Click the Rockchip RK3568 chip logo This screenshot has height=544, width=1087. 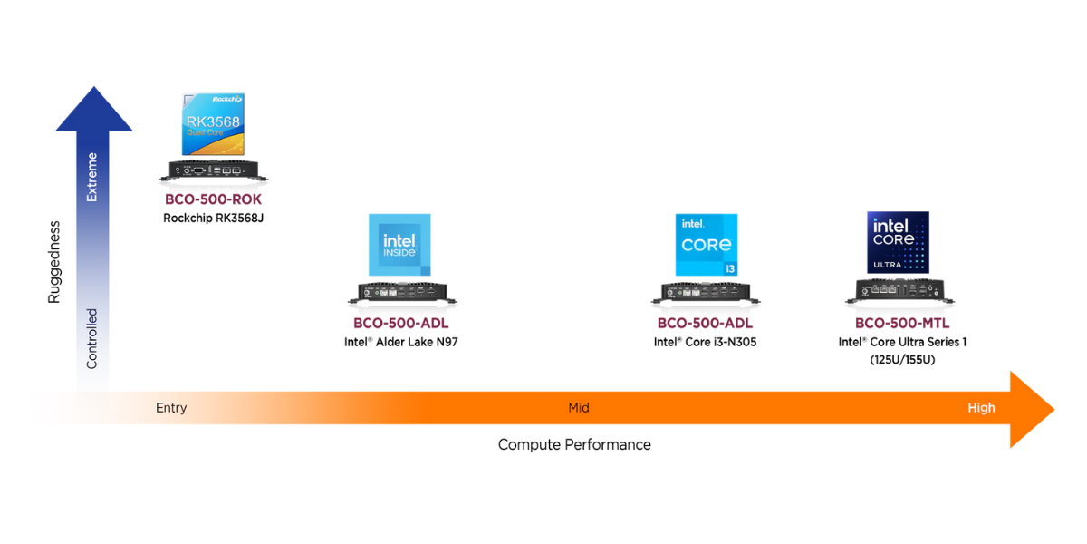point(213,124)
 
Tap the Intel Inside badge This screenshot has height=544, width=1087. point(399,245)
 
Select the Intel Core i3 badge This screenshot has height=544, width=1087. point(707,245)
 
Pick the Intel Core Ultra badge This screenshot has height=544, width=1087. point(899,242)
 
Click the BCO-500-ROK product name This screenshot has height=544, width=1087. point(213,199)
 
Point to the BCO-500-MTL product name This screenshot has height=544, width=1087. point(902,323)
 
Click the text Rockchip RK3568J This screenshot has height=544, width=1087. point(213,219)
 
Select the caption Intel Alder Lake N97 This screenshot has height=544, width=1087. point(400,342)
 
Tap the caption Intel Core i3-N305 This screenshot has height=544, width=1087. point(705,342)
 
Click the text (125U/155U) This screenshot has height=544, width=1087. point(902,360)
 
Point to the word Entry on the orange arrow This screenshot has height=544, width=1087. point(171,408)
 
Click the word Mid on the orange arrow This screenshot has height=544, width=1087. point(579,407)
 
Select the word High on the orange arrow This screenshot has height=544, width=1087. point(981,408)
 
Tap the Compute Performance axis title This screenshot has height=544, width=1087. point(574,444)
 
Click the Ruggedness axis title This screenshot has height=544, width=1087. point(54,262)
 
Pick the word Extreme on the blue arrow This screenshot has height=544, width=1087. point(91,177)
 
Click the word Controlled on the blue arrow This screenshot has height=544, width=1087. point(91,339)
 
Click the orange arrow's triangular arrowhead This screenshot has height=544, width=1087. point(1031,410)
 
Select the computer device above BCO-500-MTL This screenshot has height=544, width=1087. point(899,291)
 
